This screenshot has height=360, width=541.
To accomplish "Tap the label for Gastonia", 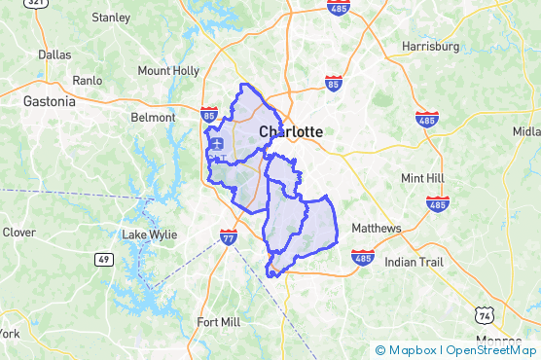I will click(x=49, y=100).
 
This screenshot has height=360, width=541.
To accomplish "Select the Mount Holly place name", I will click(x=168, y=71).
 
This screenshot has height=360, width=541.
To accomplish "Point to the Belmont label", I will click(x=154, y=118).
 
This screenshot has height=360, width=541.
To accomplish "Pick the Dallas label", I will click(x=54, y=55).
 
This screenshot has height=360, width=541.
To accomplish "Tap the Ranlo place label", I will click(x=88, y=81).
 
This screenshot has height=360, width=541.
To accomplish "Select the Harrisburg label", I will click(x=430, y=47).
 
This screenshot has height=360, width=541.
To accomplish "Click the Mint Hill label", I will click(x=421, y=178).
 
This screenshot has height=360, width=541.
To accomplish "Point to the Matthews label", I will click(x=377, y=228).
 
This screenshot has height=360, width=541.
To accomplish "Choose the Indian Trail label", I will click(x=413, y=263).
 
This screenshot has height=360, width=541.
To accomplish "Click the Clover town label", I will click(x=18, y=233).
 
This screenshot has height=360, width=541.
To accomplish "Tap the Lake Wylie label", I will click(x=149, y=234).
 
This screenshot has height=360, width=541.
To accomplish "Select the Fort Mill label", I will click(x=218, y=322).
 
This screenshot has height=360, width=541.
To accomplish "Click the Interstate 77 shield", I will click(x=227, y=237).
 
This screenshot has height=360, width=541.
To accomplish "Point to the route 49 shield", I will click(x=102, y=259).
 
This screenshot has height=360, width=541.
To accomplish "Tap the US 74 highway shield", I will click(x=484, y=315).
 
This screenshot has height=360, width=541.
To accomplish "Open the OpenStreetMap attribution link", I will click(x=491, y=350).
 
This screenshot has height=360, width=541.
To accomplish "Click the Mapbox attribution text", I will click(x=413, y=350).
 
